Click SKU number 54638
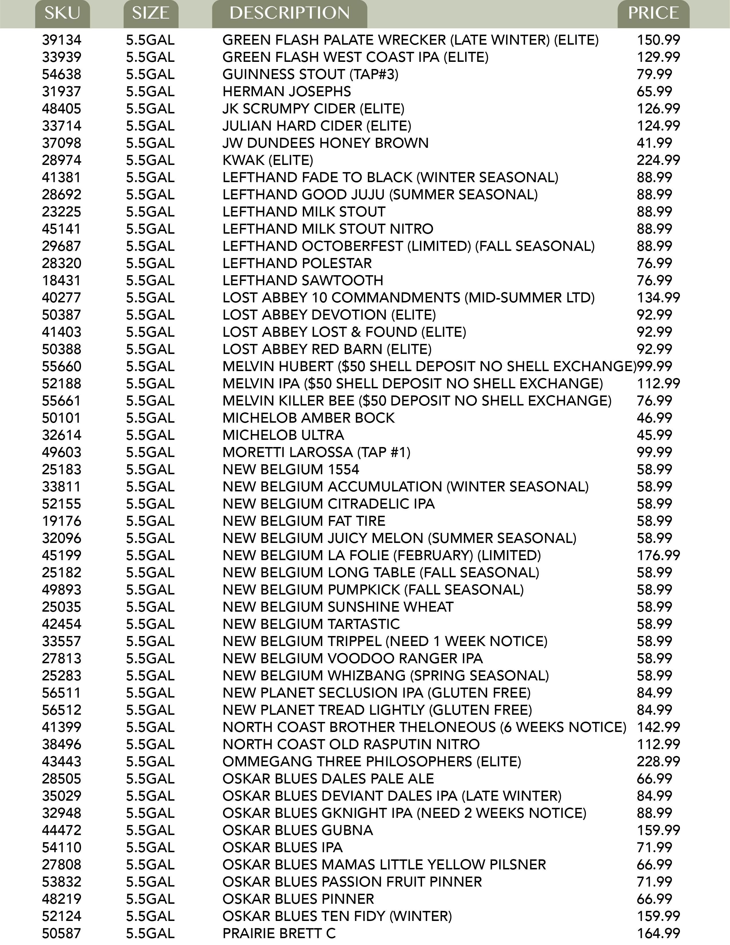62,74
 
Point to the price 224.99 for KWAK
658,160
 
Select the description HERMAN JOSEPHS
287,92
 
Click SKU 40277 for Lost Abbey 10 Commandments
62,298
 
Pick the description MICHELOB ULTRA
283,435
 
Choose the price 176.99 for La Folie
658,555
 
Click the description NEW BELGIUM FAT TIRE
304,521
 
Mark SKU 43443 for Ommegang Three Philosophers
62,761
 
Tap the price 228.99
658,761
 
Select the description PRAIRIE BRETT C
279,933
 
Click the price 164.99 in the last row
658,933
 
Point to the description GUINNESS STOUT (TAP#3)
310,74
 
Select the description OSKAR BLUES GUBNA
298,830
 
